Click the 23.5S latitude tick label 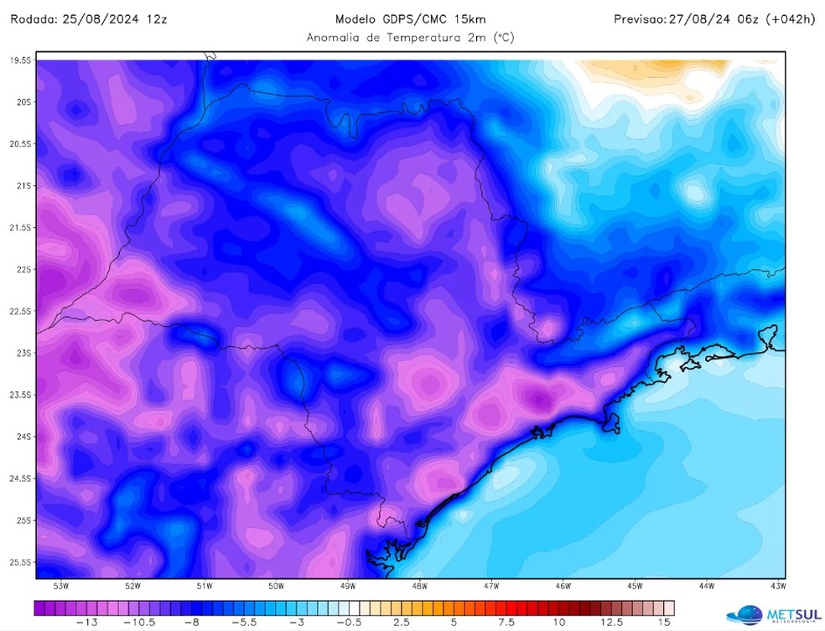point(20,395)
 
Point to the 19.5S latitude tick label point(20,60)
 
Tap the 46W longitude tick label point(563,586)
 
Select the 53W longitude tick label point(61,586)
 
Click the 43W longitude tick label point(777,586)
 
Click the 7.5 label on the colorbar point(506,623)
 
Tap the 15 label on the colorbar point(665,623)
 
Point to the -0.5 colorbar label point(353,623)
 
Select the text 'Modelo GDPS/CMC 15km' point(410,18)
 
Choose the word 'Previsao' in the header point(638,18)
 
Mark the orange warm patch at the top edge point(679,65)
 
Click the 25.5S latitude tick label point(20,562)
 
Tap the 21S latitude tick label point(23,185)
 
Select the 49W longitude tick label point(348,586)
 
